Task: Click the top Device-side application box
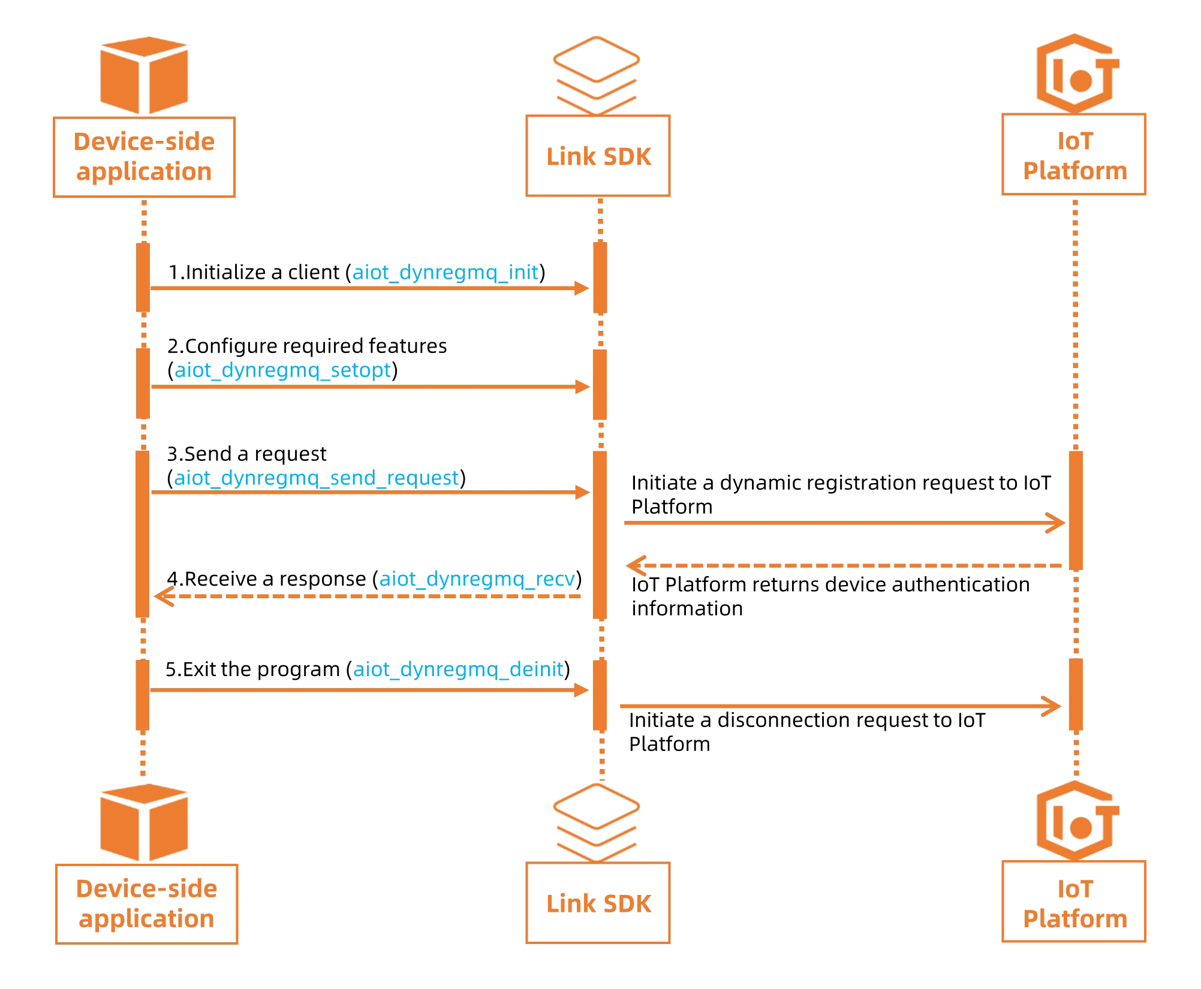point(144,157)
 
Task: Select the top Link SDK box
point(598,156)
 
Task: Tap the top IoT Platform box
point(1074,155)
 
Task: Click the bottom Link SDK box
point(598,903)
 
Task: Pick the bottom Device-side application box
point(146,904)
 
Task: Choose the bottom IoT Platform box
point(1074,902)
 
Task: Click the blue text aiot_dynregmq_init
point(445,272)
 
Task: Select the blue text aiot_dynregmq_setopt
point(282,370)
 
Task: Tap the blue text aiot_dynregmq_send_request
point(316,478)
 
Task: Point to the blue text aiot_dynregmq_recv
point(477,578)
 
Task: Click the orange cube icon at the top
point(144,75)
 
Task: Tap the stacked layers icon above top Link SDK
point(596,75)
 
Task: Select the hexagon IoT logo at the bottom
point(1076,821)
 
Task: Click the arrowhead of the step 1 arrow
point(582,288)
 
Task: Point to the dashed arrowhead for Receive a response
point(164,596)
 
